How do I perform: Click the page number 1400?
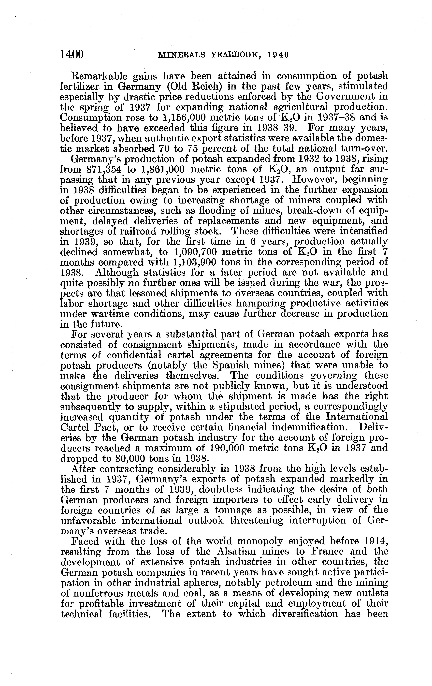coord(72,54)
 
